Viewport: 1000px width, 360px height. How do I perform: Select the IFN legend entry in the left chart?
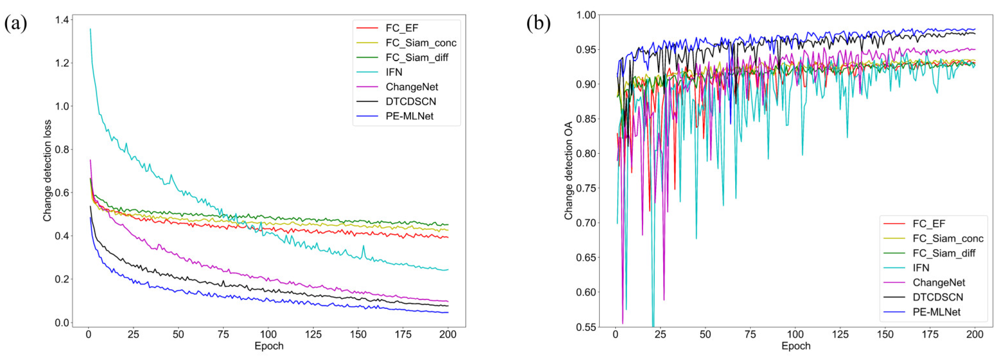(x=394, y=72)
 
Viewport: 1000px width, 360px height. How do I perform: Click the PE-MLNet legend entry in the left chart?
(x=409, y=116)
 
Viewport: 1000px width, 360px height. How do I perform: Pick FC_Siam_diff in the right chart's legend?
(x=944, y=253)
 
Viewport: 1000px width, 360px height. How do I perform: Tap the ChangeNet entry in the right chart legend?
(x=939, y=283)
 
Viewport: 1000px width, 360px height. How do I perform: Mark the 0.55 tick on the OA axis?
(x=585, y=327)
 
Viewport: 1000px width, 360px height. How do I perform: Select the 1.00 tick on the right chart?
(x=585, y=15)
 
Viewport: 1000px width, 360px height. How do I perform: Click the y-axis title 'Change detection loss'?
(x=47, y=171)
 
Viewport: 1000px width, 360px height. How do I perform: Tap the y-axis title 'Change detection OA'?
(x=569, y=171)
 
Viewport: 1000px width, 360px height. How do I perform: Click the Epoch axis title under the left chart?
(x=269, y=346)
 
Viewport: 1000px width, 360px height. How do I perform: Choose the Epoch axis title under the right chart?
(x=796, y=346)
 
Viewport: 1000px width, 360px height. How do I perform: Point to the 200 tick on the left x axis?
(x=448, y=334)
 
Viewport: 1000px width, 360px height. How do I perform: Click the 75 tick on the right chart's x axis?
(x=750, y=334)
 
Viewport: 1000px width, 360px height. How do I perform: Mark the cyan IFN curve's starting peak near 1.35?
(x=90, y=29)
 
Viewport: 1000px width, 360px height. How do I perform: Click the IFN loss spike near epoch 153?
(x=363, y=246)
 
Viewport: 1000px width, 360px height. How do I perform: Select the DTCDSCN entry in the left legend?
(x=411, y=102)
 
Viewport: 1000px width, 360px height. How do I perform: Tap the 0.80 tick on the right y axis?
(x=585, y=154)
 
